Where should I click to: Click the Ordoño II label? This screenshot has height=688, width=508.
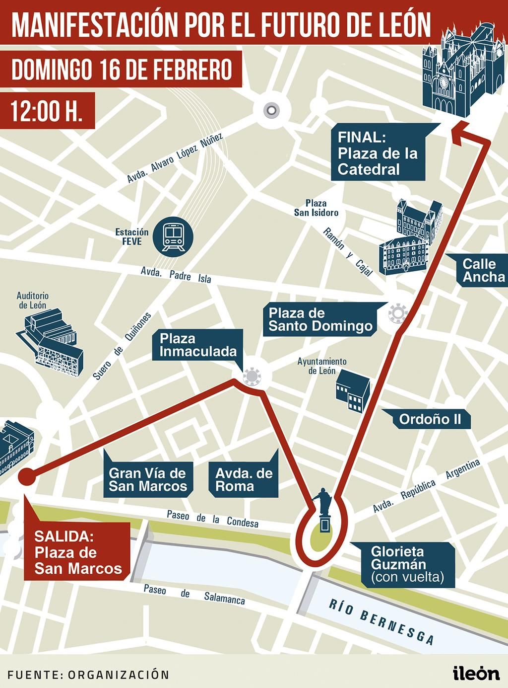click(430, 419)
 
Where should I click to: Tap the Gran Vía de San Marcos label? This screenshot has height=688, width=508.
click(147, 479)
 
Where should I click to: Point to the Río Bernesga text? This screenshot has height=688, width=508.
click(382, 621)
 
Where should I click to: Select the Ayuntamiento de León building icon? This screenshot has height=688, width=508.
click(352, 391)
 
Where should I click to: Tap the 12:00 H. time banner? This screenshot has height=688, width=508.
click(47, 112)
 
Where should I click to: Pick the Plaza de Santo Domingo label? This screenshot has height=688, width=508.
click(320, 319)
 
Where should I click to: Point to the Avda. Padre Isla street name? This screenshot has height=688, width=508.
click(176, 275)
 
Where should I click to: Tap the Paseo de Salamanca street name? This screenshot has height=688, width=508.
click(194, 594)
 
